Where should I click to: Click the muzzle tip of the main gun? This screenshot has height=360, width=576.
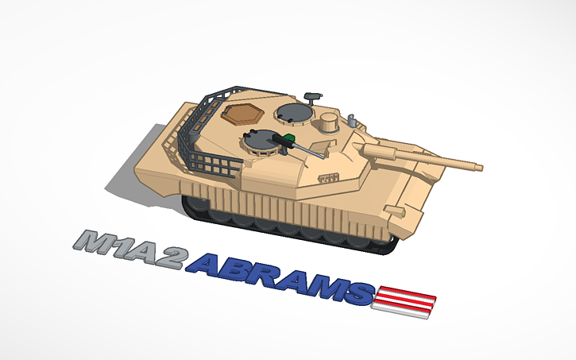[x=479, y=167]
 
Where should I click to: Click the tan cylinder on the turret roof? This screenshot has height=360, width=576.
[x=327, y=123]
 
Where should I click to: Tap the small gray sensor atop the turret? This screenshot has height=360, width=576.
[x=312, y=96]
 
